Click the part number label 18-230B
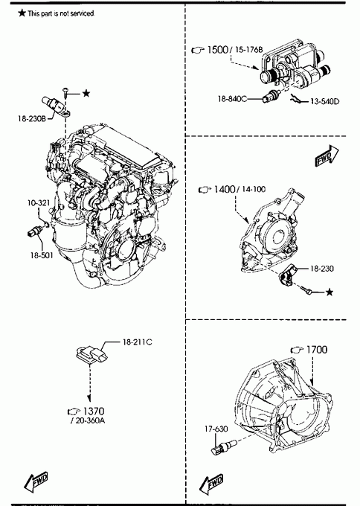coord(32,119)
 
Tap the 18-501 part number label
coord(42,255)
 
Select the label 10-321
coord(39,202)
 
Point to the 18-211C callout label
coord(137,342)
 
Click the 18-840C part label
coord(232,99)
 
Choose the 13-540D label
coord(325,102)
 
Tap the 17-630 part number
coord(216,429)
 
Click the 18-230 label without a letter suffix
coord(321,269)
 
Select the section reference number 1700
coord(316,350)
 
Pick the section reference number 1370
coord(94,411)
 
